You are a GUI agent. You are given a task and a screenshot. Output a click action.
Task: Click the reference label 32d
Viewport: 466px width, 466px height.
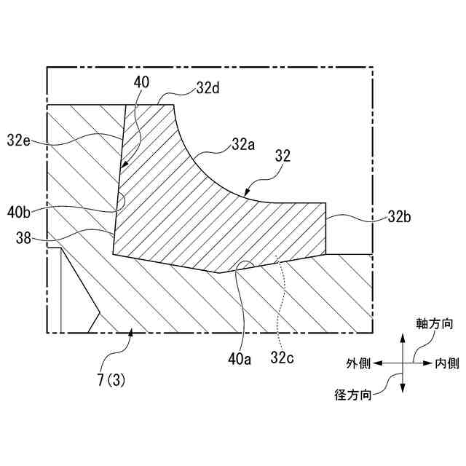point(208,88)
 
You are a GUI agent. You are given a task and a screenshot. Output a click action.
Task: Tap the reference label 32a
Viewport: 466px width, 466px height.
point(244,144)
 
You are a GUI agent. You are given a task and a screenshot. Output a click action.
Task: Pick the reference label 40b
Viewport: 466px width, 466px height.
point(20,213)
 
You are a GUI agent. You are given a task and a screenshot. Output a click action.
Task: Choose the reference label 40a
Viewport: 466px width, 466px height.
point(241,358)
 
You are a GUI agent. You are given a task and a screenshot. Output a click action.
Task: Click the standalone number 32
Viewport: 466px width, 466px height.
point(283,155)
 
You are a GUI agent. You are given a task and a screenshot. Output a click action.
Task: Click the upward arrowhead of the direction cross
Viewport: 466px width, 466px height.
point(401,339)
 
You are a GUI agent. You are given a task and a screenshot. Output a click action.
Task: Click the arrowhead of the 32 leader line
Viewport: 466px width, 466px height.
point(247,186)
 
